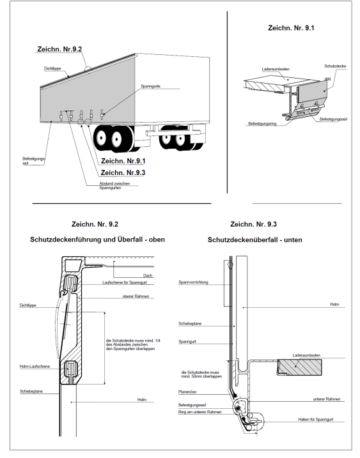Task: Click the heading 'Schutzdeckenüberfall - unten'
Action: (254, 240)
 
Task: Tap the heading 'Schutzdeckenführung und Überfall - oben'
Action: (97, 240)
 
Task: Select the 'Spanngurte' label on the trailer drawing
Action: (151, 86)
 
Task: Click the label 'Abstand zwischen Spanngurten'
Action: (114, 186)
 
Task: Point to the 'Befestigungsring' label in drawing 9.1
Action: (262, 123)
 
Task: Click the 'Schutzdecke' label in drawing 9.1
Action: (335, 66)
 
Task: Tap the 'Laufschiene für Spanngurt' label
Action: (124, 282)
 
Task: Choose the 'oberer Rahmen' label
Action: (136, 296)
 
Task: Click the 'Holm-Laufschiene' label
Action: (35, 366)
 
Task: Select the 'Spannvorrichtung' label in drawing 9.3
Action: (193, 282)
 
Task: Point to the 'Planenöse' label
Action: (187, 392)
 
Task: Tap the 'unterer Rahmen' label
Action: (326, 399)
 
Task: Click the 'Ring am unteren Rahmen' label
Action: (200, 412)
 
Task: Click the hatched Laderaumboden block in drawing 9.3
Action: (299, 367)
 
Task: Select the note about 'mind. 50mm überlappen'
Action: (201, 374)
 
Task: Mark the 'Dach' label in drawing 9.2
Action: (148, 275)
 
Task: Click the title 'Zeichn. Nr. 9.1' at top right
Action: (291, 28)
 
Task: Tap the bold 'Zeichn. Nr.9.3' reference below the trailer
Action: (123, 172)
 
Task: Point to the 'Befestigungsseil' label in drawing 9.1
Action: (333, 119)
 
